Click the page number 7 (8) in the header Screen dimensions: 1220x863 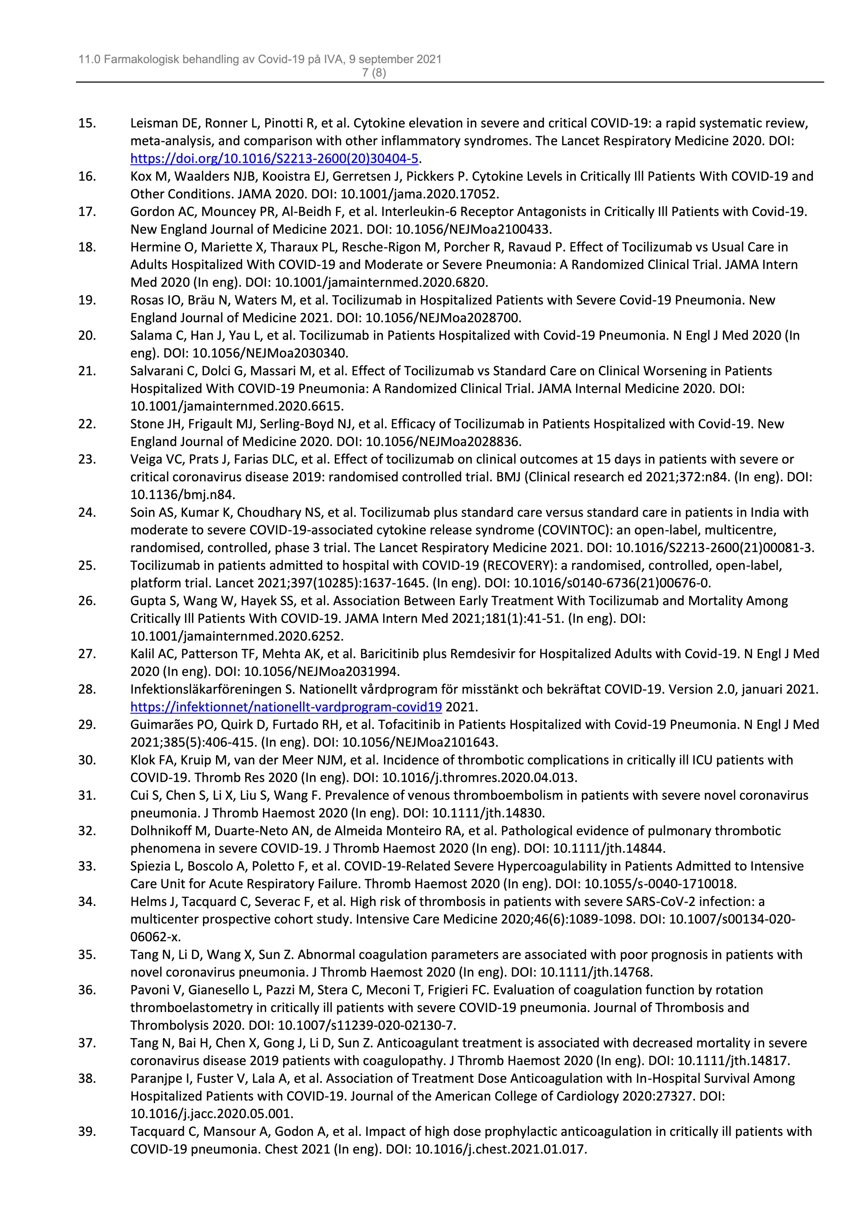[x=374, y=73]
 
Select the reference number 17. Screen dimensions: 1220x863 [x=87, y=212]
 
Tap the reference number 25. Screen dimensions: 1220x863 [x=87, y=565]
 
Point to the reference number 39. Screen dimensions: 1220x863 [x=87, y=1131]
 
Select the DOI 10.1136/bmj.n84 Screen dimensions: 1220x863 [x=182, y=495]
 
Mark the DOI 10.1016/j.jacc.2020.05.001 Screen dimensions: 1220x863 [x=212, y=1114]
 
